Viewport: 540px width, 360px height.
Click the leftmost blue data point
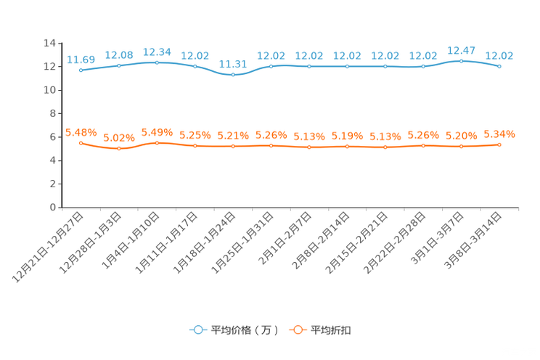[x=81, y=70]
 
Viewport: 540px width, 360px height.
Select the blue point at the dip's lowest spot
[x=233, y=75]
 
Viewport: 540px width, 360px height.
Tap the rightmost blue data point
[x=499, y=66]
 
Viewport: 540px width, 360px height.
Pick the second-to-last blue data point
[x=462, y=61]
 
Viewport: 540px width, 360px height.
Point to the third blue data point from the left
[x=157, y=62]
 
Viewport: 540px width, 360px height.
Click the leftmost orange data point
[x=81, y=143]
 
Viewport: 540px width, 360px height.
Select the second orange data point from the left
[x=119, y=148]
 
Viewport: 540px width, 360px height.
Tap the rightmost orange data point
[x=499, y=144]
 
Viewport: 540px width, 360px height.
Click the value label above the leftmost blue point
[x=81, y=59]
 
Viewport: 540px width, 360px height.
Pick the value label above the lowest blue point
[x=233, y=63]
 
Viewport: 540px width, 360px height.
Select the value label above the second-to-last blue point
[x=462, y=50]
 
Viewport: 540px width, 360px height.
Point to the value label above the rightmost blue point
[x=499, y=55]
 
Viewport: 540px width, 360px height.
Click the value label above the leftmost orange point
[x=81, y=131]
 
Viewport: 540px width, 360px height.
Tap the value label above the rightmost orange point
[x=499, y=134]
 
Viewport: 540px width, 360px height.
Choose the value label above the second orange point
[x=119, y=137]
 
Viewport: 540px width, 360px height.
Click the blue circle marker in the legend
[x=197, y=330]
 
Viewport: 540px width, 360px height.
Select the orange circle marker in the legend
[x=297, y=330]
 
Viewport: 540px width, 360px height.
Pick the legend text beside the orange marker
[x=332, y=330]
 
